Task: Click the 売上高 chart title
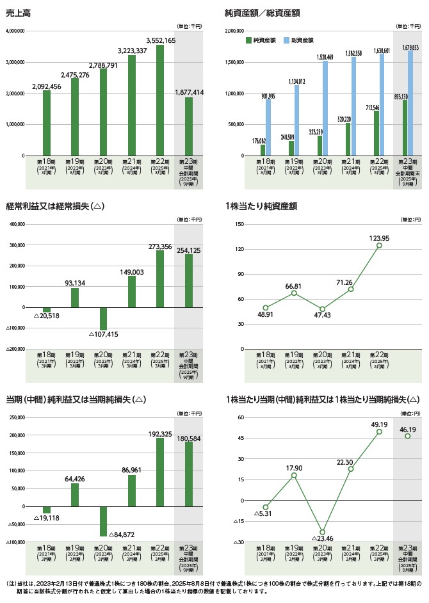tap(17, 12)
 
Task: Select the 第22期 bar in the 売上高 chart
tap(159, 100)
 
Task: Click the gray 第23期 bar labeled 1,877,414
tap(188, 127)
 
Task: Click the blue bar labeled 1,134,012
tap(296, 120)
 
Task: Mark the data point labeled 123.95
tap(379, 245)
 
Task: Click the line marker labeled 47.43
tap(322, 309)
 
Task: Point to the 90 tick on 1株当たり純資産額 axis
tap(241, 274)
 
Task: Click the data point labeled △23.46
tap(322, 532)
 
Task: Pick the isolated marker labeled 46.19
tap(407, 436)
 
